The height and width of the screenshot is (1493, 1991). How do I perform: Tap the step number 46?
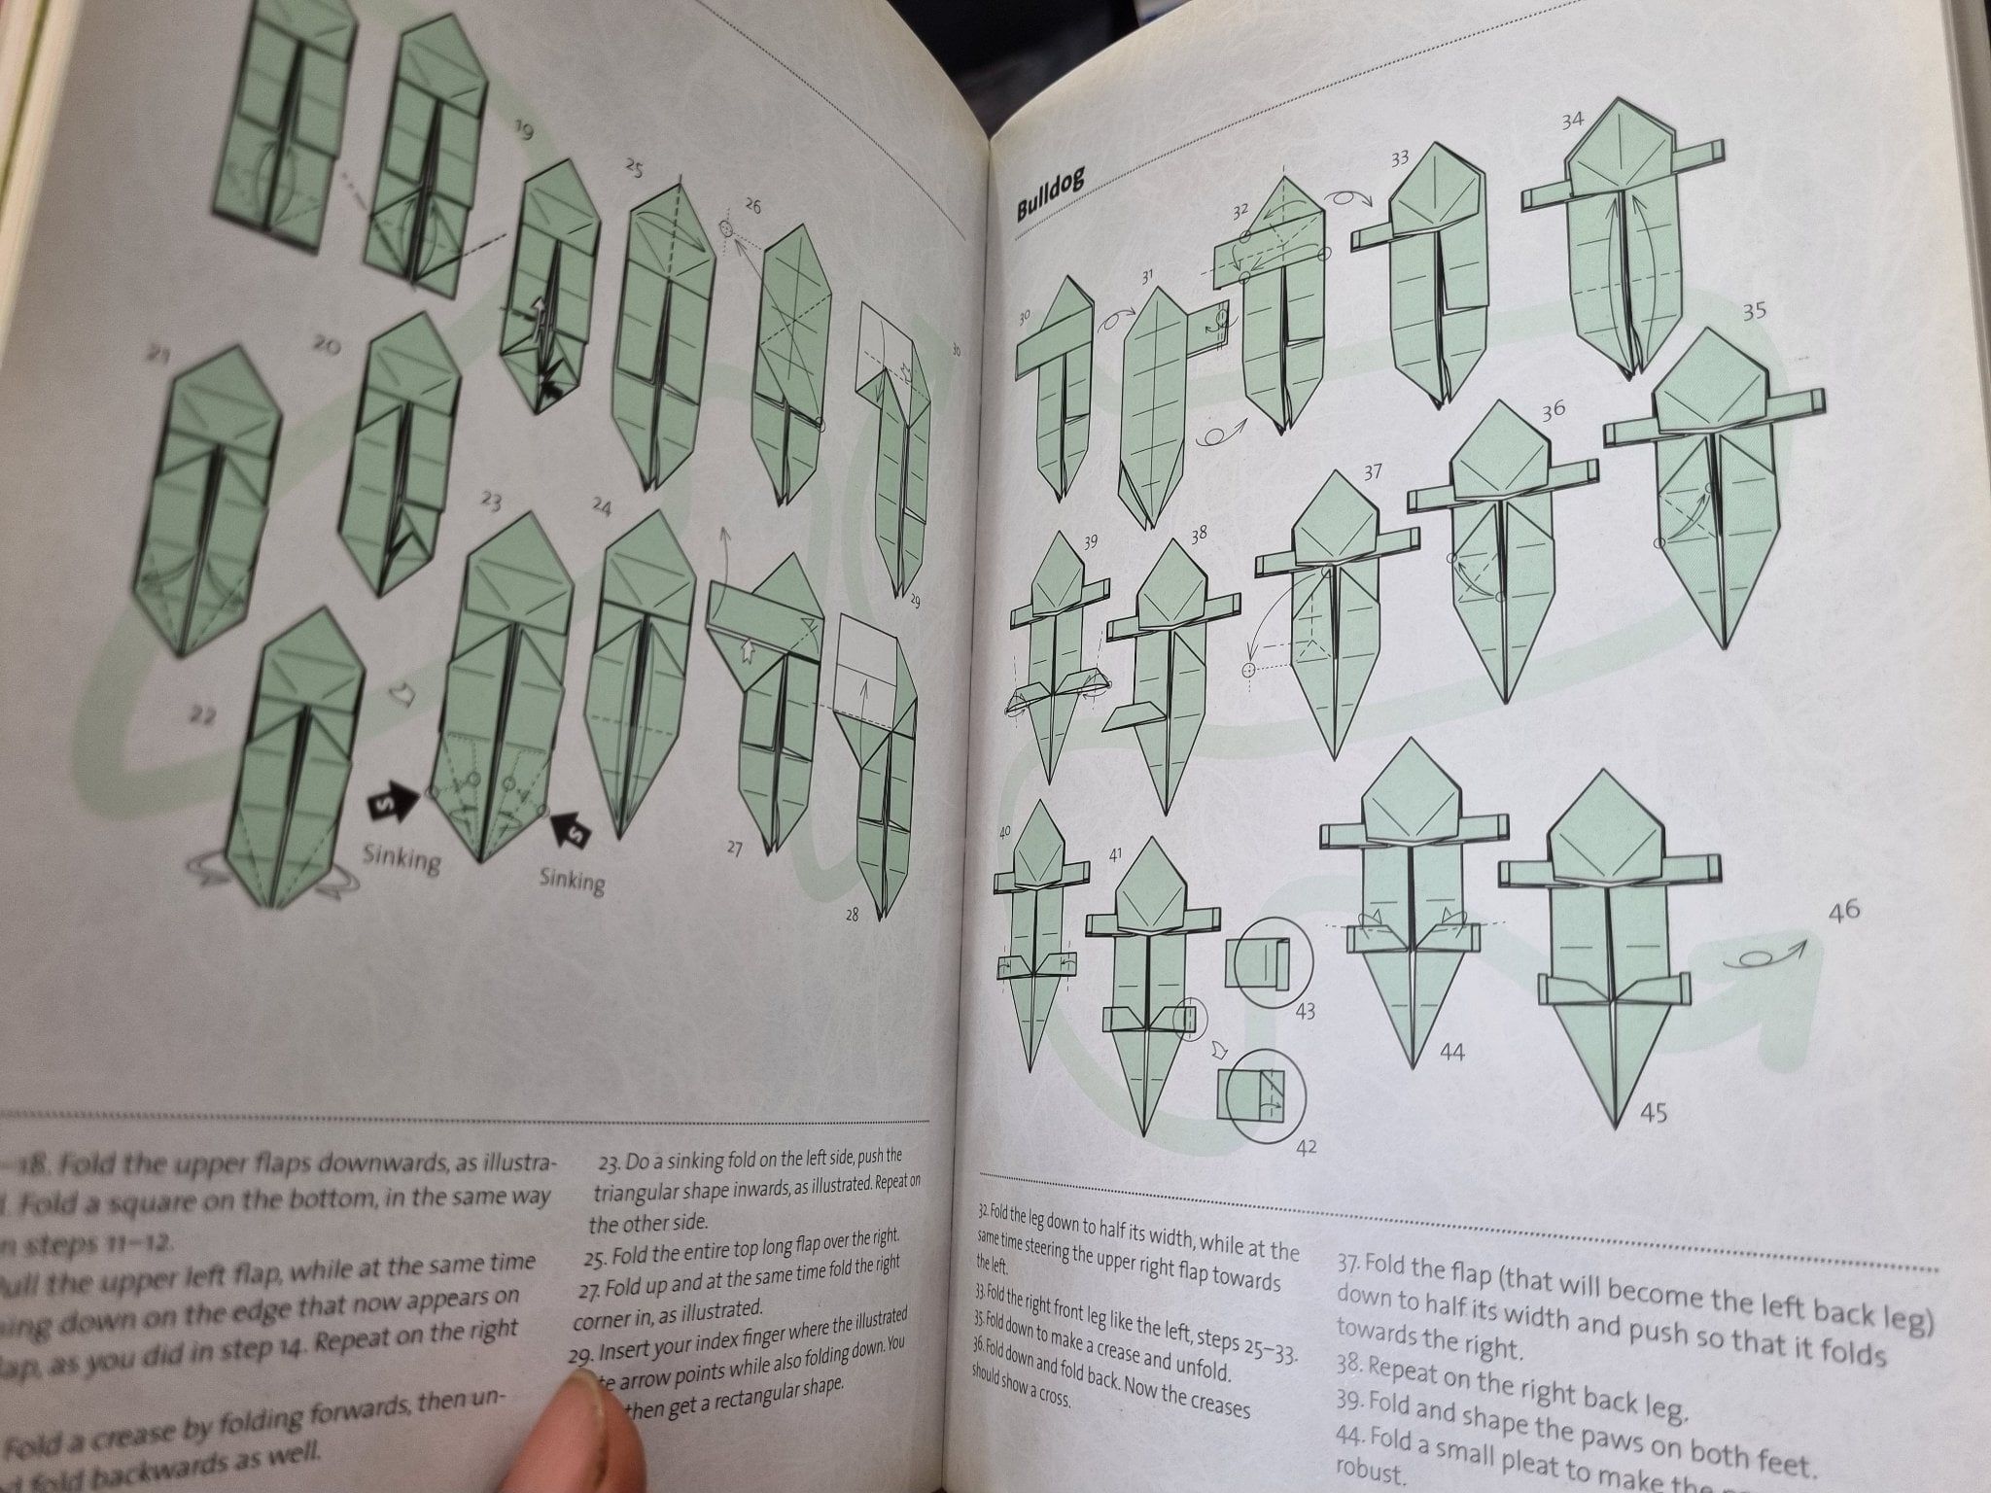(1843, 911)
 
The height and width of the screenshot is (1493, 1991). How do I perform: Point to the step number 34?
(1572, 121)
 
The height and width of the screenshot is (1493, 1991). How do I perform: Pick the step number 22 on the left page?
(201, 716)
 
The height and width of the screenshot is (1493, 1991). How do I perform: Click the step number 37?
(1372, 472)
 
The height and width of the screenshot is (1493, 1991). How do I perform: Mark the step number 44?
(1450, 1052)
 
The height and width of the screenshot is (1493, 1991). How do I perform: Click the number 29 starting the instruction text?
(579, 1353)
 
